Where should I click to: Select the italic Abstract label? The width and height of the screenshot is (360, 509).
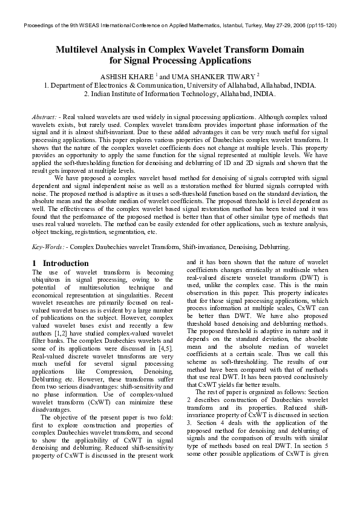coord(44,115)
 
